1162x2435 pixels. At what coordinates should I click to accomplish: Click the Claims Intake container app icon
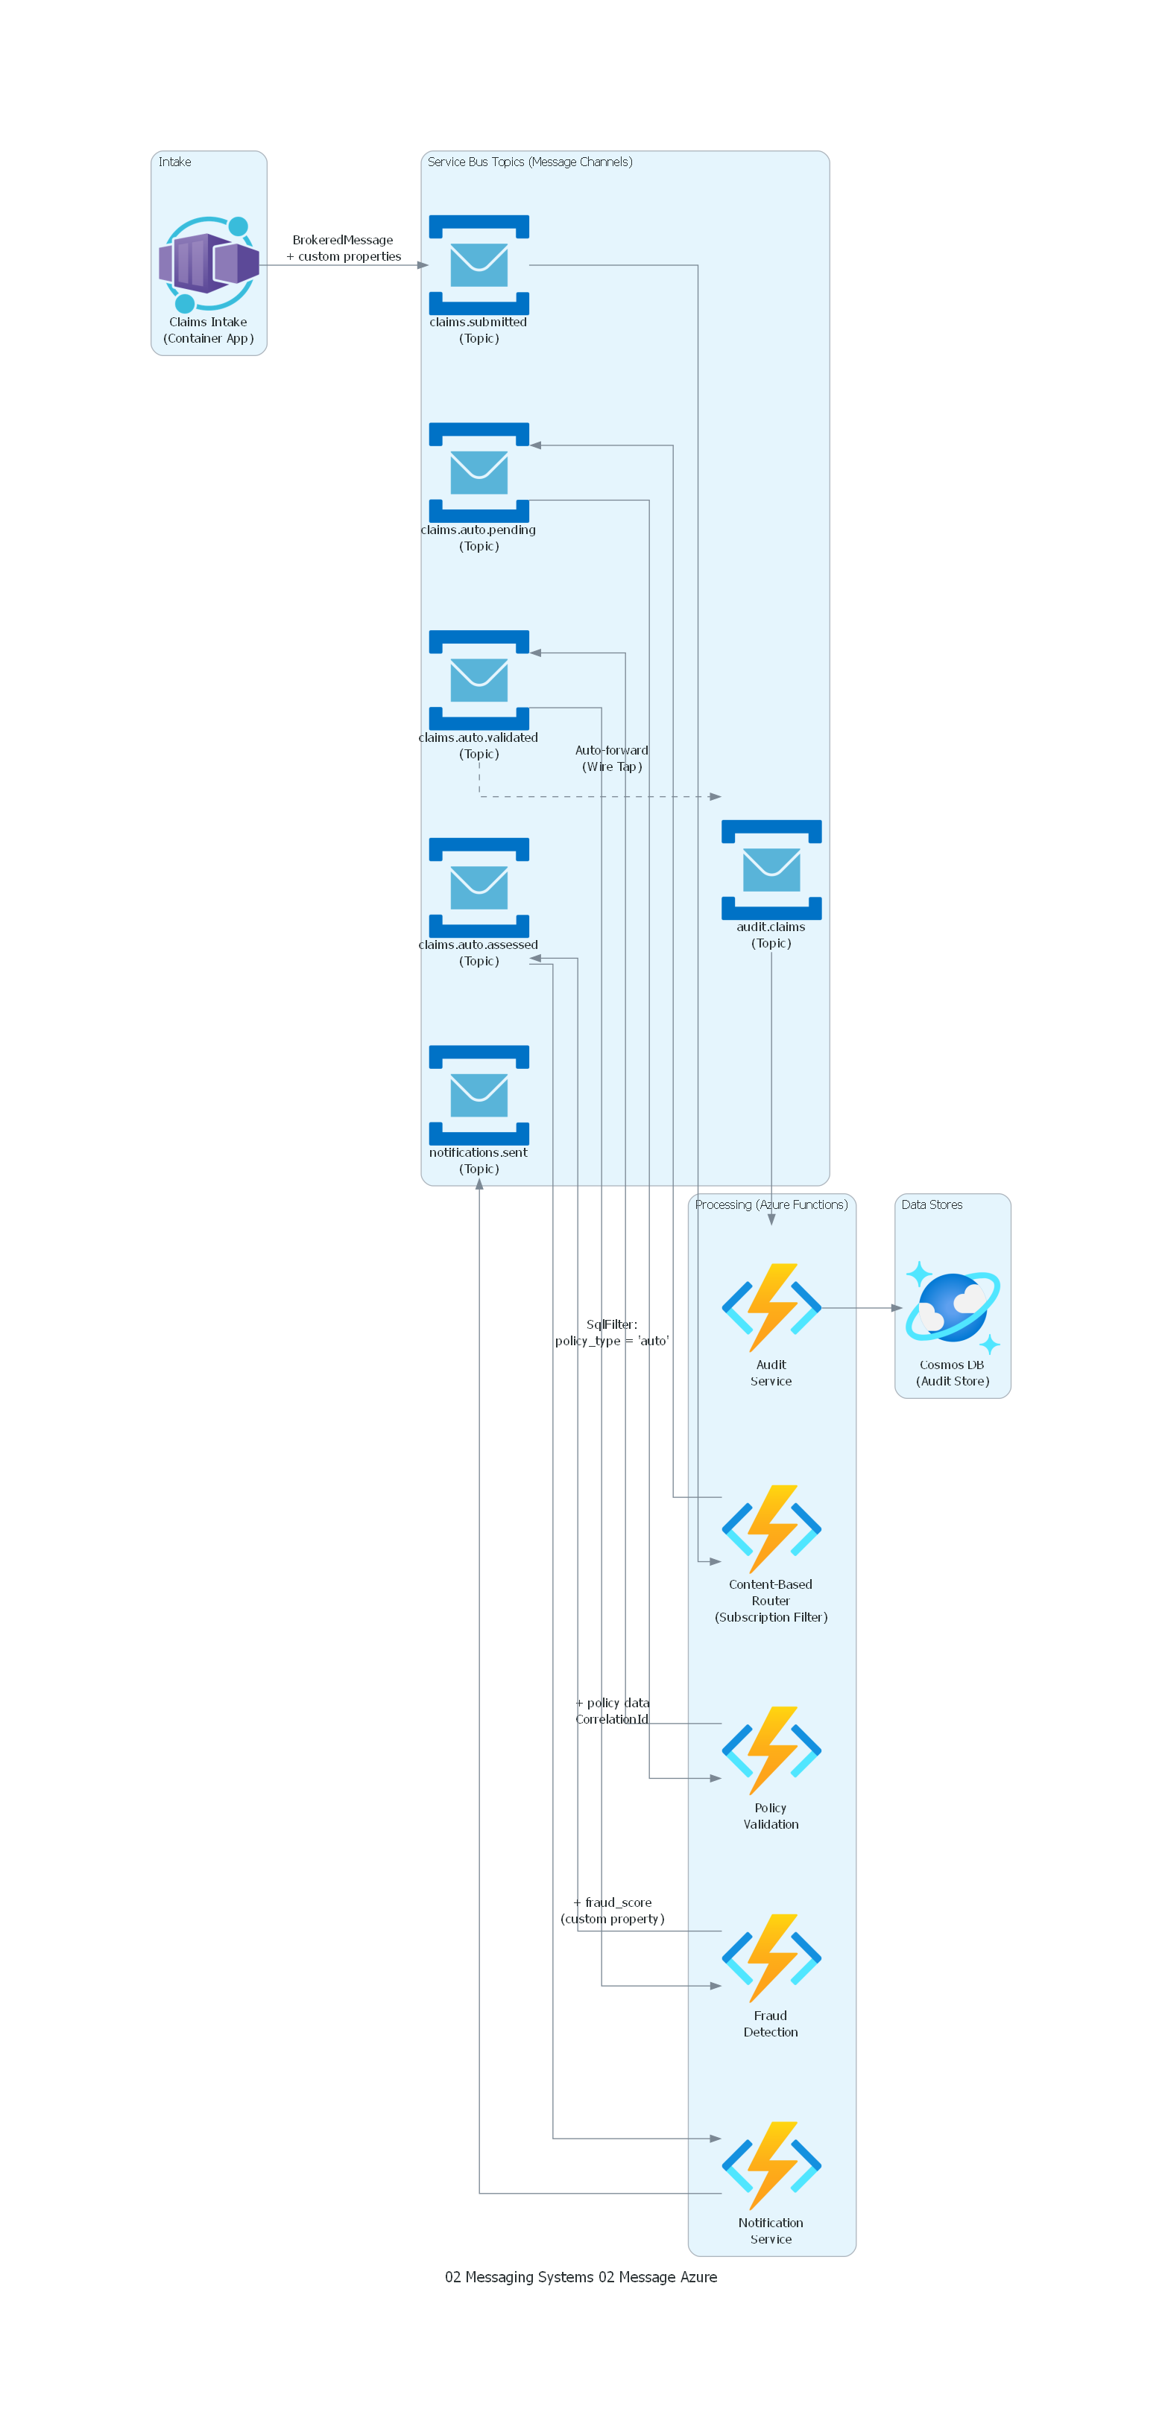pyautogui.click(x=208, y=264)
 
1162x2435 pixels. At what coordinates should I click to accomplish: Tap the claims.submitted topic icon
pyautogui.click(x=479, y=264)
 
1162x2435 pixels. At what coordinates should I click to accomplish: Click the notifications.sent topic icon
pyautogui.click(x=479, y=1095)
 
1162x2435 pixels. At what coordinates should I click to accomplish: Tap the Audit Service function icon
pyautogui.click(x=771, y=1307)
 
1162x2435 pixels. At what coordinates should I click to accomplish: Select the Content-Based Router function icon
pyautogui.click(x=771, y=1528)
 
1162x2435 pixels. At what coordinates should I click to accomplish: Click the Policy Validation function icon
pyautogui.click(x=771, y=1750)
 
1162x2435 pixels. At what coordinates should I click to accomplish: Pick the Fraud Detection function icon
pyautogui.click(x=771, y=1958)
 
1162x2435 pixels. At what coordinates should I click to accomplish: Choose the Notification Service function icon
pyautogui.click(x=771, y=2165)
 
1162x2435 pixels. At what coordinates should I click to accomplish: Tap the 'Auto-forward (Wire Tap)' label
pyautogui.click(x=612, y=758)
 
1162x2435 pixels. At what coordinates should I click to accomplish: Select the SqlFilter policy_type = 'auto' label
pyautogui.click(x=612, y=1332)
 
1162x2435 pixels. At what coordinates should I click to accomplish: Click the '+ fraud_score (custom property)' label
pyautogui.click(x=612, y=1911)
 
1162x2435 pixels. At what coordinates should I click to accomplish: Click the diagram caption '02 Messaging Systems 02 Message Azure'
pyautogui.click(x=581, y=2277)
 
